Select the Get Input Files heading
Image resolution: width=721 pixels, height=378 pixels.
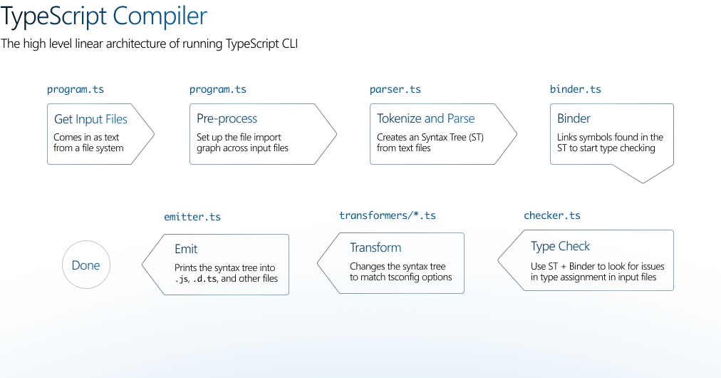coord(90,119)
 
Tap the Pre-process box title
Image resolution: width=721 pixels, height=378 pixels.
coord(227,119)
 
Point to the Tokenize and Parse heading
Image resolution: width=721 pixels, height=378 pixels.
coord(425,119)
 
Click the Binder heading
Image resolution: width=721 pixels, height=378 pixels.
coord(574,119)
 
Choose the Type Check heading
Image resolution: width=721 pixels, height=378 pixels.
coord(560,246)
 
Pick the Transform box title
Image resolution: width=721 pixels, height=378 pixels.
coord(375,247)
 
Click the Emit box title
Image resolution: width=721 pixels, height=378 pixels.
coord(186,249)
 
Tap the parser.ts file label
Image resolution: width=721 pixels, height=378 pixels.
coord(395,89)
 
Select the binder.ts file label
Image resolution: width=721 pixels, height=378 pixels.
coord(575,89)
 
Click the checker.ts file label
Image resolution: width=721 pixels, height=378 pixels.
coord(551,215)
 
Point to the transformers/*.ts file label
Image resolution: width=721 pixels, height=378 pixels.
coord(387,215)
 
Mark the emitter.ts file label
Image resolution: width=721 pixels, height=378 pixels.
coord(192,217)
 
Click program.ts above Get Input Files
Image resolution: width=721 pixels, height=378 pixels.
coord(76,89)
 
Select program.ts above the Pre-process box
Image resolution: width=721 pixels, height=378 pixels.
coord(218,89)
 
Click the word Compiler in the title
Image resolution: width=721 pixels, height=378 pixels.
coord(160,16)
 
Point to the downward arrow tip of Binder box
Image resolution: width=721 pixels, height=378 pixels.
coord(643,183)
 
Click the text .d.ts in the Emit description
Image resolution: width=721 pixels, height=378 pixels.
coord(204,279)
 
